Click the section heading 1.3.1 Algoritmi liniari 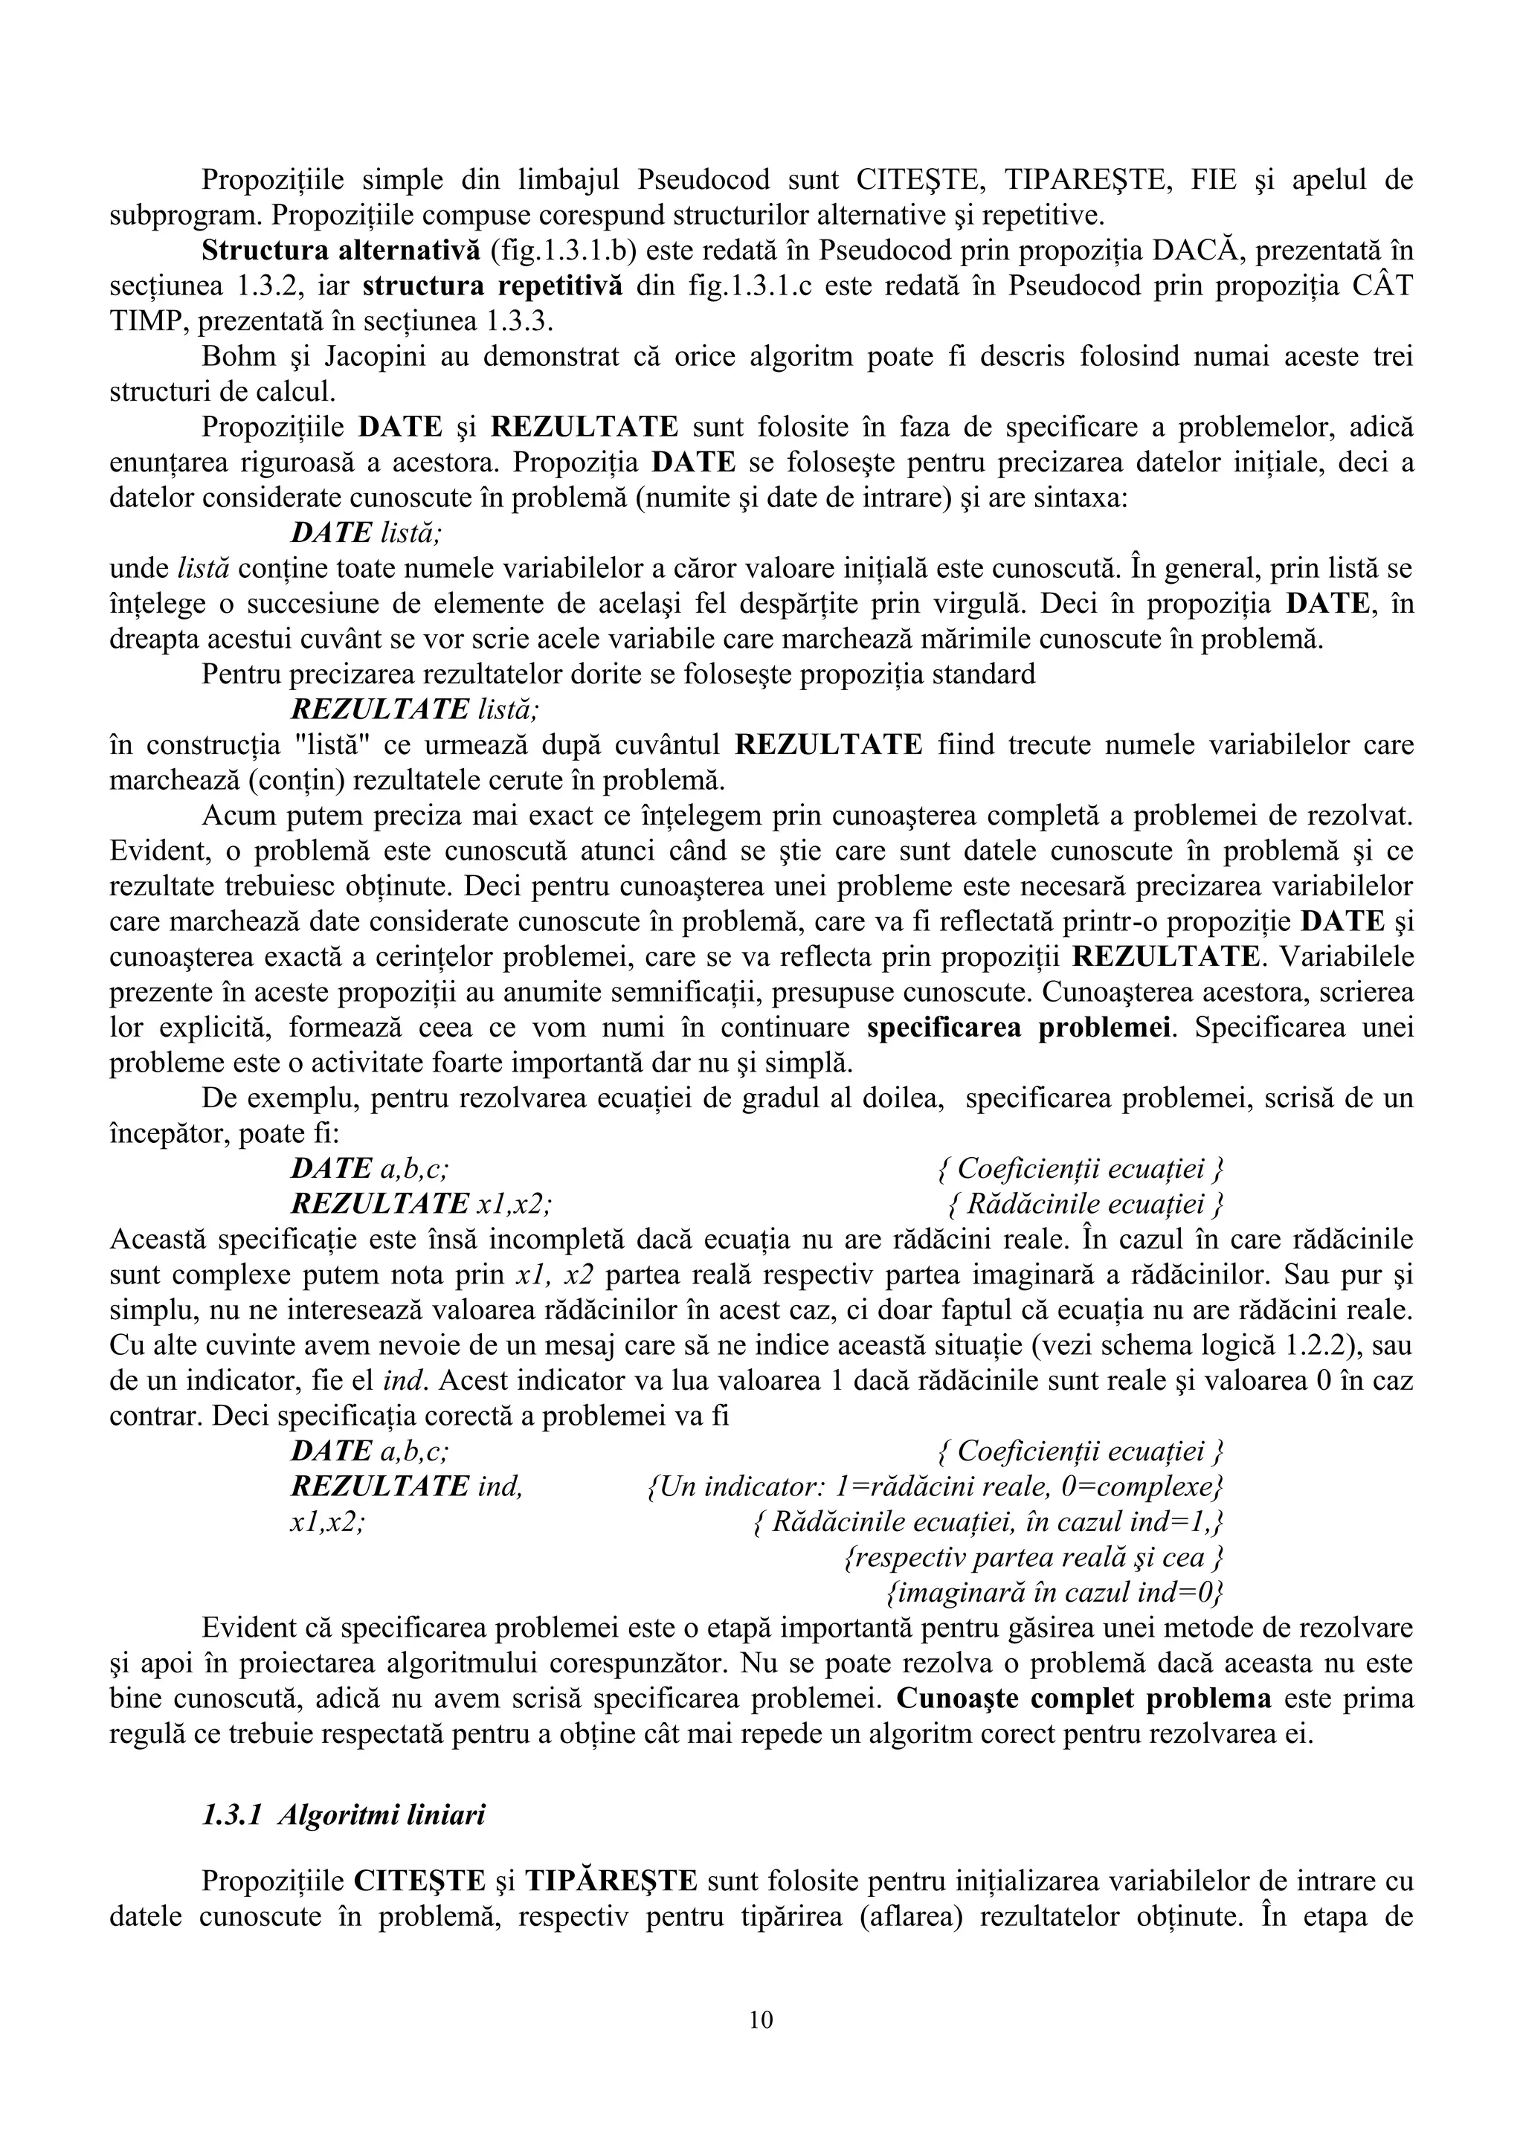coord(344,1814)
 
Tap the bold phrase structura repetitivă coord(492,286)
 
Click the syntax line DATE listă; coord(366,533)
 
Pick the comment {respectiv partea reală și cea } coord(1034,1557)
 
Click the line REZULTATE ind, coord(406,1486)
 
